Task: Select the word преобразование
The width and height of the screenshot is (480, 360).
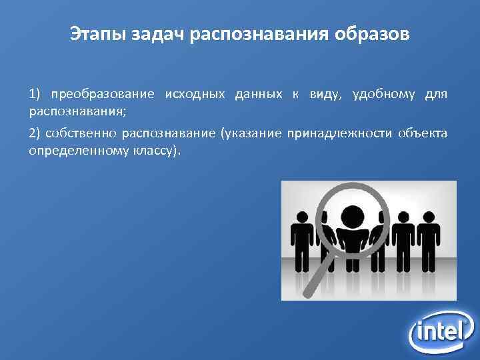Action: (102, 95)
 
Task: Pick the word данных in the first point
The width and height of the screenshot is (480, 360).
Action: (259, 95)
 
